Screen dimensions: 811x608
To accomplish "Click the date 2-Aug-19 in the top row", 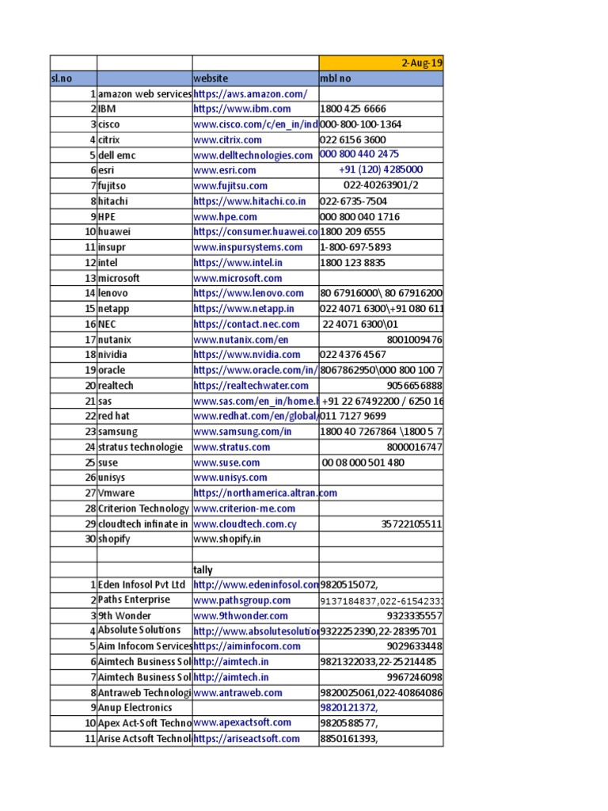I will tap(423, 63).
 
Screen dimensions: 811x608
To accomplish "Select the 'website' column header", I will tap(211, 78).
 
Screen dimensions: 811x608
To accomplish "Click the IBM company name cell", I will tap(107, 109).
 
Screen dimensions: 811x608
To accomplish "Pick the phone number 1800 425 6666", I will tap(353, 109).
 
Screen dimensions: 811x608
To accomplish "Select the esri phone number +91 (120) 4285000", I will tap(381, 170).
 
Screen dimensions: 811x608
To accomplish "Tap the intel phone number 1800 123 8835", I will tap(352, 262).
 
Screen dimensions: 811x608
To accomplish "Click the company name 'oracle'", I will tap(112, 370).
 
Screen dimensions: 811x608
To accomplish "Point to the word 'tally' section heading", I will tap(204, 569).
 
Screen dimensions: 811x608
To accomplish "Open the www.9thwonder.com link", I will tap(241, 615).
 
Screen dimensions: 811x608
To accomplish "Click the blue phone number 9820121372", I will tap(348, 707).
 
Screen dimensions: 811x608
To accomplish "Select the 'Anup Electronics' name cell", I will tap(135, 707).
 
